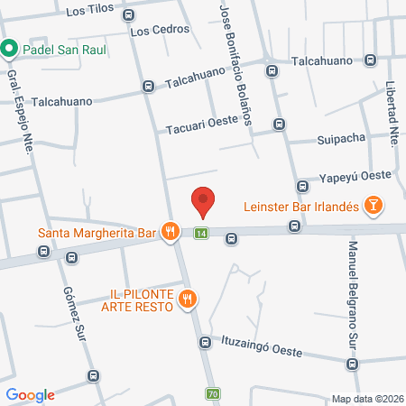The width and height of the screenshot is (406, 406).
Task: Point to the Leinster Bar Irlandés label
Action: pyautogui.click(x=302, y=207)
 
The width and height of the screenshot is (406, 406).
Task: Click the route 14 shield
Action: pyautogui.click(x=200, y=235)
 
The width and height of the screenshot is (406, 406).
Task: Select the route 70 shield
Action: pyautogui.click(x=212, y=393)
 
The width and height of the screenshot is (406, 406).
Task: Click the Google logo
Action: pyautogui.click(x=30, y=394)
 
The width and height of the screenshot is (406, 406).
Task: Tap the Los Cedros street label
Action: pyautogui.click(x=160, y=30)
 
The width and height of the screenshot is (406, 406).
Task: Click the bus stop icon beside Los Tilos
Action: pyautogui.click(x=128, y=14)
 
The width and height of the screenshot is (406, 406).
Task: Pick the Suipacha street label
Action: pyautogui.click(x=340, y=140)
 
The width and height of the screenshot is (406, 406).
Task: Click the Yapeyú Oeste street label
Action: pyautogui.click(x=356, y=180)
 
